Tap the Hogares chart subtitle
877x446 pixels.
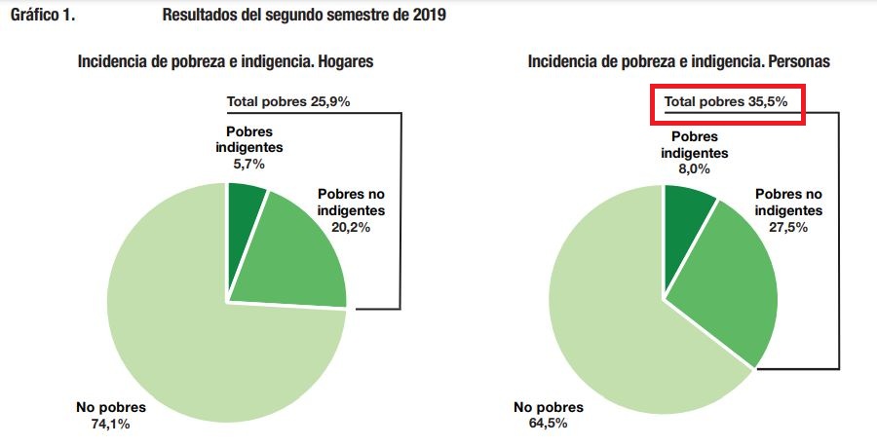click(226, 61)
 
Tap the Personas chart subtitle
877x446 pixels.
click(679, 61)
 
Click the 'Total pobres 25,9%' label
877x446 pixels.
click(287, 101)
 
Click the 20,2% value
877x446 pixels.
click(351, 228)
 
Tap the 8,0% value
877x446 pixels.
click(694, 168)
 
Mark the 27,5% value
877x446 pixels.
click(789, 228)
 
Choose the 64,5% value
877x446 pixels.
click(548, 424)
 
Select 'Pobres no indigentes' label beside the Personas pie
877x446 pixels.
click(788, 202)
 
